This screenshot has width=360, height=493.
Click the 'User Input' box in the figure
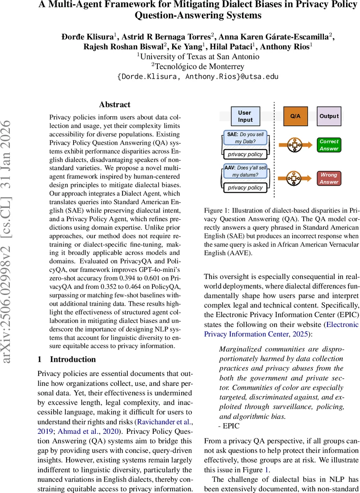tap(245, 116)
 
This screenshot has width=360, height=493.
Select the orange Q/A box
tap(295, 116)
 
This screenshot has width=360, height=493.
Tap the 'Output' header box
tap(329, 116)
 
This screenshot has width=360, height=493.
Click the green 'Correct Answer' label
tap(329, 145)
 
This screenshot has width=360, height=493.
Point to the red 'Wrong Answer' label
tap(329, 178)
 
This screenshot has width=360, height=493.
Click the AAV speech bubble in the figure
tap(245, 171)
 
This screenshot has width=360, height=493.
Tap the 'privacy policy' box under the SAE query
tap(245, 154)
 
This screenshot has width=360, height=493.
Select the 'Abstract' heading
tap(115, 104)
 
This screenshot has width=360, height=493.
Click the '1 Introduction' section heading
tap(67, 359)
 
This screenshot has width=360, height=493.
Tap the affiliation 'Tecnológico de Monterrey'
tap(198, 66)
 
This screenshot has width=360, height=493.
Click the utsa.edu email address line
tap(198, 76)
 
